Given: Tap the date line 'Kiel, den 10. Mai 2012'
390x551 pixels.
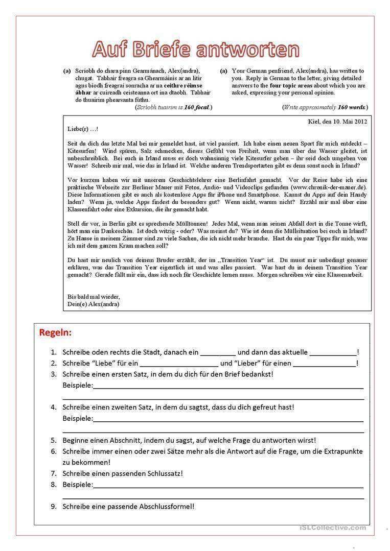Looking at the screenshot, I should click(337, 121).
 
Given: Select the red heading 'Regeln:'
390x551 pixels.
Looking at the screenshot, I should click(55, 332).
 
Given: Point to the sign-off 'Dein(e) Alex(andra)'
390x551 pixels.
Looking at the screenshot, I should click(93, 304).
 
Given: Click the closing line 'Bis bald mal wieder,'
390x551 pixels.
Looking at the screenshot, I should click(94, 297).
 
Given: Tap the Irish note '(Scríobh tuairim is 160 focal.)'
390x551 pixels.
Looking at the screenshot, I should click(173, 107).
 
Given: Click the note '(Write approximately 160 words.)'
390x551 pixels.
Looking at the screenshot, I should click(325, 107).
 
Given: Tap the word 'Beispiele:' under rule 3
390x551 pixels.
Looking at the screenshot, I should click(78, 385).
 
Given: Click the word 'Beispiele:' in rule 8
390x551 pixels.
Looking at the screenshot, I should click(78, 484).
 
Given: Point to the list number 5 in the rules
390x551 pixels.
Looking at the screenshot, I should click(54, 440).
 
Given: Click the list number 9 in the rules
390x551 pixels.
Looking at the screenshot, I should click(54, 507).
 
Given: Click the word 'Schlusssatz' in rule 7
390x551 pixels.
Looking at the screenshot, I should click(162, 473).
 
